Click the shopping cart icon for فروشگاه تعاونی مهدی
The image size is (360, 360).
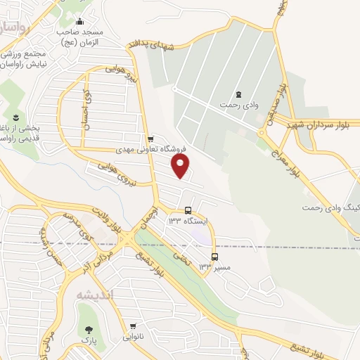click(x=150, y=138)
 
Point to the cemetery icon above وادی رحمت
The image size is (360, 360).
click(x=238, y=94)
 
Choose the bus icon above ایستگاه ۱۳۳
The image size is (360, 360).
click(x=188, y=210)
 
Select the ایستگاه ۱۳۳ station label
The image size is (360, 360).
click(x=188, y=221)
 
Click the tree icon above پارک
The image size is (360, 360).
click(x=89, y=330)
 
